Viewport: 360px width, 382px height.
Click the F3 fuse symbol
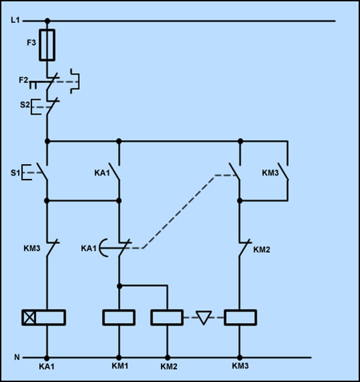[x=47, y=45]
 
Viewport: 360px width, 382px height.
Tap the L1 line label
[x=15, y=20]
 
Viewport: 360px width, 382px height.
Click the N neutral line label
[x=17, y=357]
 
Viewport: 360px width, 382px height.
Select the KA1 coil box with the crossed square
[x=44, y=318]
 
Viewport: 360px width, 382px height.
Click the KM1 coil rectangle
[x=119, y=318]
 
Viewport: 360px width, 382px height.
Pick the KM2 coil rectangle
[x=167, y=318]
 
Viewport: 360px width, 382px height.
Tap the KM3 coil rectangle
[x=240, y=318]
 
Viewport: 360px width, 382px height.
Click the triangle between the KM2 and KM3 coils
[x=204, y=318]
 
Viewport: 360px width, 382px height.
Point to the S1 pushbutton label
[x=15, y=173]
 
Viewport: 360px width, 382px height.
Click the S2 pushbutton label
[x=25, y=105]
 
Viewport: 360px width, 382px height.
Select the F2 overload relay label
[x=23, y=80]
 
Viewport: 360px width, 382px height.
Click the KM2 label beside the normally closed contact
[x=261, y=250]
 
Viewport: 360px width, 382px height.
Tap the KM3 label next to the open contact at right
[x=270, y=173]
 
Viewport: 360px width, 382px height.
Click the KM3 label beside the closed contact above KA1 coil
[x=32, y=248]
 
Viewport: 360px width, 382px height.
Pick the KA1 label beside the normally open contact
[x=102, y=173]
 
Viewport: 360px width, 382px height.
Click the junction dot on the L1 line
[x=48, y=21]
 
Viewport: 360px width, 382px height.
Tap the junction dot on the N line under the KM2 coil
[x=168, y=358]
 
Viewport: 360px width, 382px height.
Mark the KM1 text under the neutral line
[x=120, y=366]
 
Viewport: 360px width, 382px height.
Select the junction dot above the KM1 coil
[x=119, y=286]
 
